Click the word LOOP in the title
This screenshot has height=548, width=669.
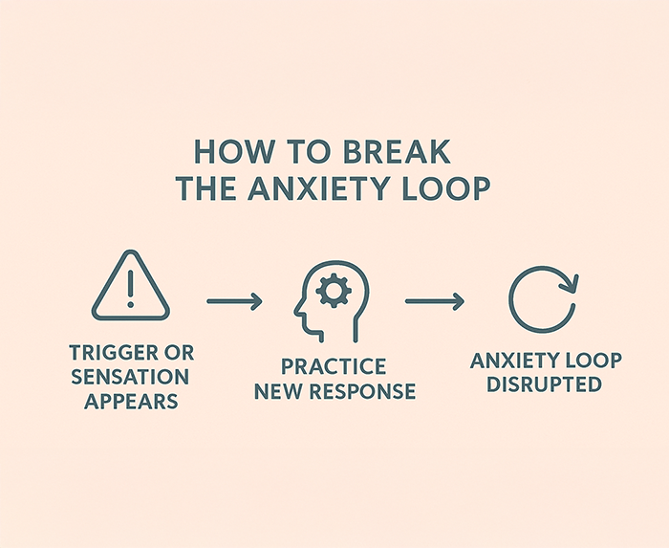444,188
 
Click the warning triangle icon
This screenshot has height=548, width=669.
130,289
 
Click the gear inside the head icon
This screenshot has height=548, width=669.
333,289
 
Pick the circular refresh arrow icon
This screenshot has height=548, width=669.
542,298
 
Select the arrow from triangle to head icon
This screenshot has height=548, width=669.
235,302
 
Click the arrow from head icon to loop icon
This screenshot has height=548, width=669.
435,302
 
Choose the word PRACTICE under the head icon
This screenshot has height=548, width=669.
334,367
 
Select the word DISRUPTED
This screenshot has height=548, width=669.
542,384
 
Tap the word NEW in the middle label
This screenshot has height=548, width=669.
277,391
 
